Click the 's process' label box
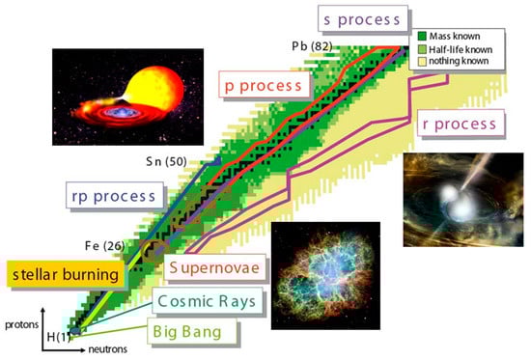click(363, 19)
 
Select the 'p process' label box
click(264, 85)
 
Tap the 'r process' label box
click(461, 123)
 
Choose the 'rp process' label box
click(115, 195)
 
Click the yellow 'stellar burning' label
click(66, 274)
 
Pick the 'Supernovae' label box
click(214, 267)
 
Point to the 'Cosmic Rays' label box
click(208, 300)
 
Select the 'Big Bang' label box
click(192, 331)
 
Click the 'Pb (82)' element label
click(312, 46)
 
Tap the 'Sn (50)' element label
click(166, 161)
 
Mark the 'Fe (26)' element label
click(104, 245)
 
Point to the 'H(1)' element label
click(59, 337)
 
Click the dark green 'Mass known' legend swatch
click(422, 36)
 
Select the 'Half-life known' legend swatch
click(422, 49)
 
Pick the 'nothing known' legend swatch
click(422, 62)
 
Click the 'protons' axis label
click(21, 325)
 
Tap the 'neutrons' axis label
click(108, 349)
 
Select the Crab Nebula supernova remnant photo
click(325, 276)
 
